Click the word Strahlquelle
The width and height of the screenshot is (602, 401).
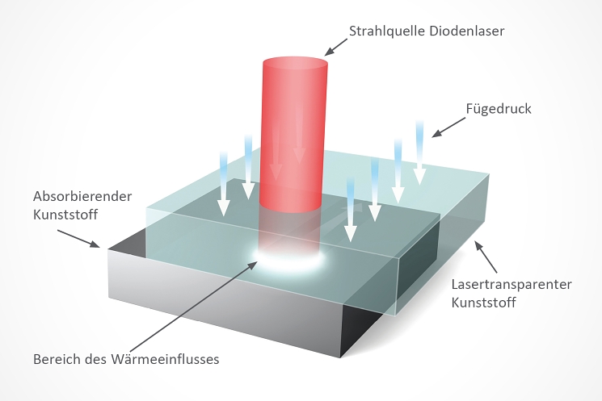tap(387, 31)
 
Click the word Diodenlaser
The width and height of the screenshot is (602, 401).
tap(466, 31)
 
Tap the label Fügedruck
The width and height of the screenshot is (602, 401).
tap(499, 109)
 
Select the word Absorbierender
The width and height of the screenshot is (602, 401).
tap(82, 196)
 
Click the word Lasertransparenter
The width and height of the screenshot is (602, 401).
tap(511, 285)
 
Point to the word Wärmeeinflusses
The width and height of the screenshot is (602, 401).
tap(165, 359)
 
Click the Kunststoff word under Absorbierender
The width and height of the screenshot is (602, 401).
tap(65, 215)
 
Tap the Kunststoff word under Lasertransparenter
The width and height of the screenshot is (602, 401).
tap(483, 303)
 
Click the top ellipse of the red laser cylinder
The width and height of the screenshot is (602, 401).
tap(295, 62)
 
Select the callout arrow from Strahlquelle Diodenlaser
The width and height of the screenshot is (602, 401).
tap(335, 47)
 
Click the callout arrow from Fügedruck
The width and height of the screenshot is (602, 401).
tap(448, 127)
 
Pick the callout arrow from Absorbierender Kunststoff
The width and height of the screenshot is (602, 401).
tap(78, 239)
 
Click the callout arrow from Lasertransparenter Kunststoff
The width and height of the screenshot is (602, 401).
tap(486, 257)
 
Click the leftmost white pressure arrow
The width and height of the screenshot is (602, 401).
tap(224, 183)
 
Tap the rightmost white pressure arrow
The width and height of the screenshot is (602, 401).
tap(419, 152)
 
